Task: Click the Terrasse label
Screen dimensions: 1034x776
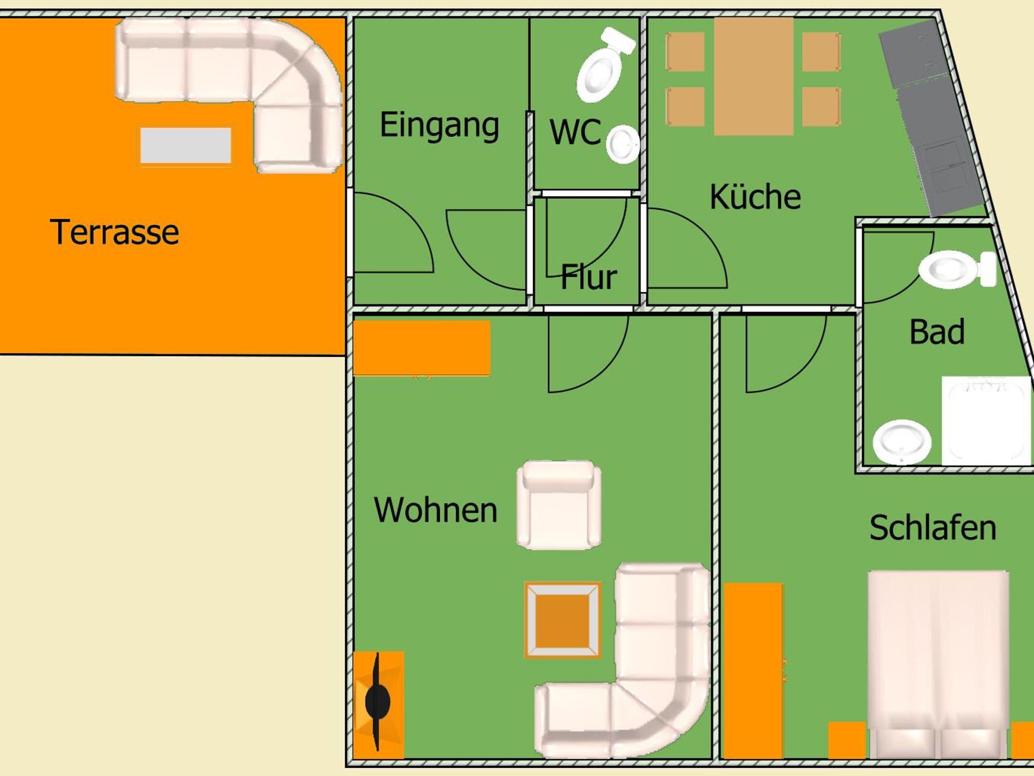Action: tap(115, 232)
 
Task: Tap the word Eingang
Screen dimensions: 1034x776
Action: tap(439, 126)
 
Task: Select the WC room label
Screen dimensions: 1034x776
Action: tap(576, 132)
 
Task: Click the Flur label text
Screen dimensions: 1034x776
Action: tap(589, 276)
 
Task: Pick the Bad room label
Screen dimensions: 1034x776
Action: tap(937, 331)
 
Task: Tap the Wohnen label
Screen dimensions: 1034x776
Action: tap(436, 510)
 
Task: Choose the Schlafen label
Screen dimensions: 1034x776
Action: tap(933, 528)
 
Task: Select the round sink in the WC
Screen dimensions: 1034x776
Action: tap(623, 145)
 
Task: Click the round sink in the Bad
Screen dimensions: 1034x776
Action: tap(902, 442)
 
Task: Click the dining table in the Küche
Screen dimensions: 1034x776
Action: tap(753, 76)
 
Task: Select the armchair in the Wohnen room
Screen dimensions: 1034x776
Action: tap(559, 505)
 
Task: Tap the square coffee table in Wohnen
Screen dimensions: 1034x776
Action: tap(563, 620)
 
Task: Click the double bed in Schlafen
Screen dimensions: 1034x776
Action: tap(938, 664)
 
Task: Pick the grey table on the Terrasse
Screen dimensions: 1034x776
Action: tap(186, 146)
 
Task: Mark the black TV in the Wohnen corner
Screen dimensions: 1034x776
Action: tap(377, 701)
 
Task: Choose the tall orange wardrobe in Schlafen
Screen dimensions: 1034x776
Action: tap(753, 671)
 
